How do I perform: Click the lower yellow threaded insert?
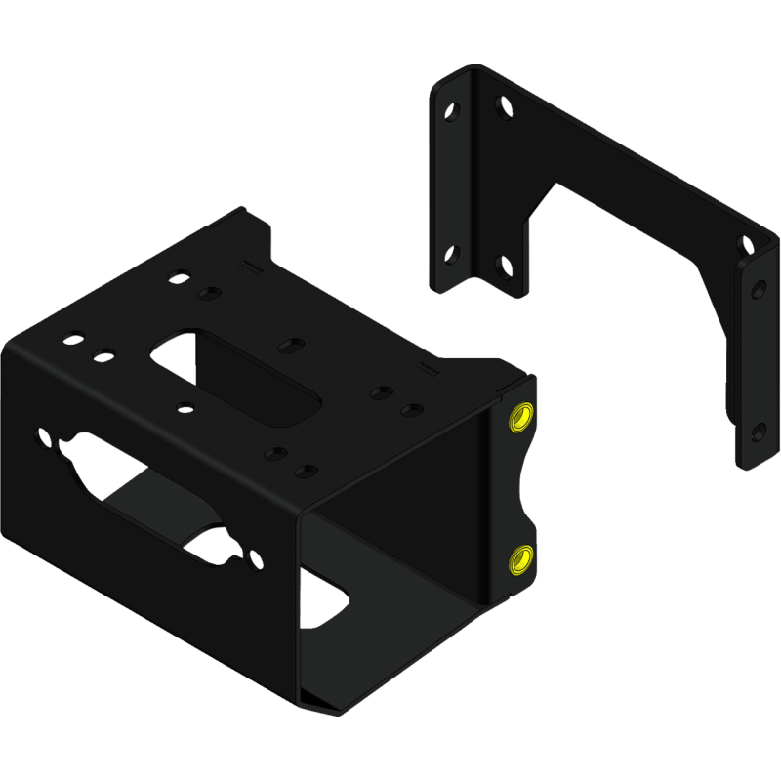pyautogui.click(x=518, y=559)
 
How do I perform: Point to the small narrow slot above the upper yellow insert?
pyautogui.click(x=425, y=367)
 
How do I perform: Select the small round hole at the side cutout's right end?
pyautogui.click(x=256, y=560)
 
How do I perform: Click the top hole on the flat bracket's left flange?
pyautogui.click(x=451, y=110)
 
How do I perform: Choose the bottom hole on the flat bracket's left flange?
pyautogui.click(x=451, y=255)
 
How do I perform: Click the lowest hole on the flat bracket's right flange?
pyautogui.click(x=759, y=430)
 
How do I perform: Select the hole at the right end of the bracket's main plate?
pyautogui.click(x=747, y=243)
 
